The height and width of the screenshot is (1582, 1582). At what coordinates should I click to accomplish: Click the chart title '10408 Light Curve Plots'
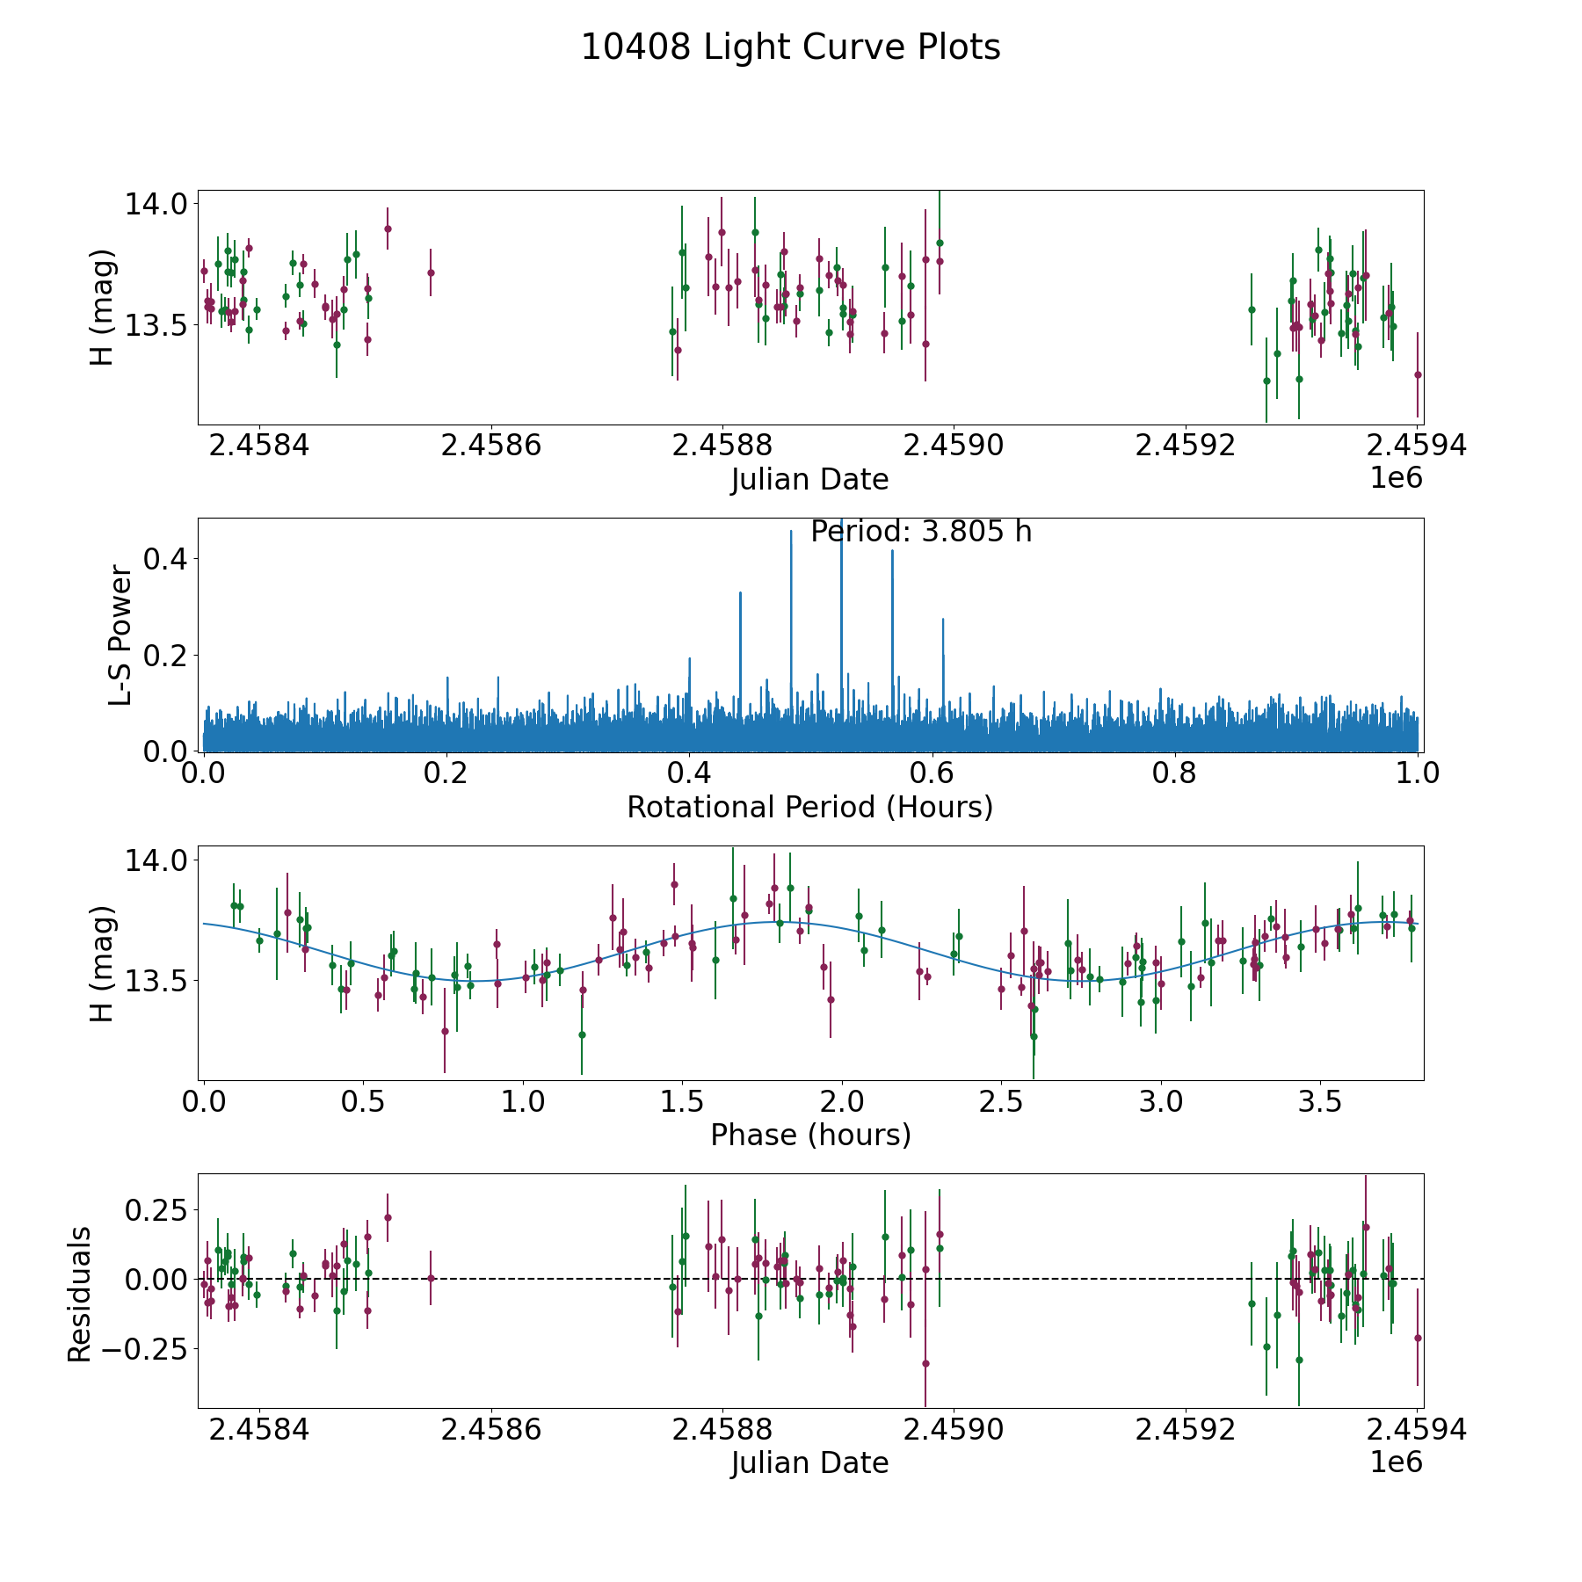click(x=790, y=47)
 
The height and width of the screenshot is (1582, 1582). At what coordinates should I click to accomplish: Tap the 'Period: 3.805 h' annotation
click(x=920, y=532)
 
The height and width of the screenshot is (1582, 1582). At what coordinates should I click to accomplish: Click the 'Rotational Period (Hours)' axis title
click(x=809, y=807)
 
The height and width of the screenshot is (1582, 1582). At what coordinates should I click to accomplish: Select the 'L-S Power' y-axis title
click(x=120, y=635)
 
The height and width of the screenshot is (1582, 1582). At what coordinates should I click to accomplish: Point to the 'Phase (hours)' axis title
click(x=810, y=1135)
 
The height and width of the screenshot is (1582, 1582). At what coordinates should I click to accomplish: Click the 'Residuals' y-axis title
click(x=80, y=1294)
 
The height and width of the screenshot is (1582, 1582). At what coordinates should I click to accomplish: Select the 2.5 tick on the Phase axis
click(x=1001, y=1102)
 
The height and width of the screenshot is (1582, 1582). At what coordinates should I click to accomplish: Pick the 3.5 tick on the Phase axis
click(x=1320, y=1102)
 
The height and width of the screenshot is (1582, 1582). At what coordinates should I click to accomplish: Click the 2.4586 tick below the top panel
click(x=490, y=446)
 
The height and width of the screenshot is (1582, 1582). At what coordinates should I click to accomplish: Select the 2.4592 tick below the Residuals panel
click(x=1185, y=1430)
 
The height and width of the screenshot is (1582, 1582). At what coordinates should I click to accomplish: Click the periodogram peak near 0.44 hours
click(x=741, y=594)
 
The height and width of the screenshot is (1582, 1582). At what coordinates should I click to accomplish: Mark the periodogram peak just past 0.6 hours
click(x=943, y=620)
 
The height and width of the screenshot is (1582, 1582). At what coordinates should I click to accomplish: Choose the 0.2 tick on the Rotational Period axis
click(x=446, y=773)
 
